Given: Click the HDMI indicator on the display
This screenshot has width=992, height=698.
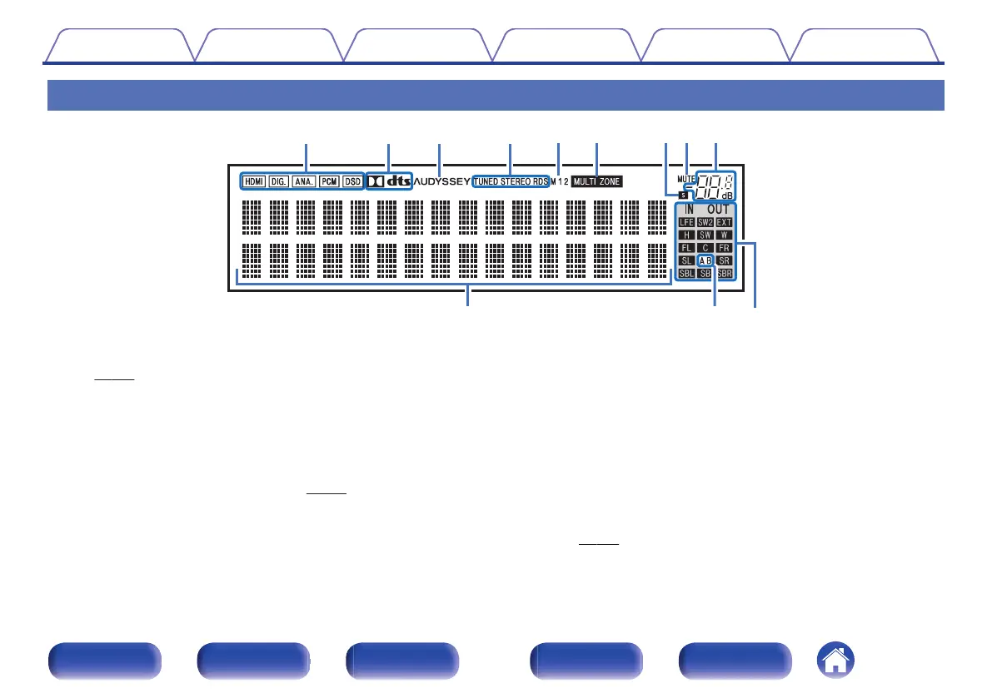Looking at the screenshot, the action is tap(253, 181).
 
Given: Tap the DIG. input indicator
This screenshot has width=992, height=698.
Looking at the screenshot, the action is tap(278, 181).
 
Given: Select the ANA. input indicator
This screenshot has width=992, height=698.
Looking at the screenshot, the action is tap(304, 181).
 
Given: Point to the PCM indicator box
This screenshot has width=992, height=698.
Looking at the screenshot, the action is tap(329, 181).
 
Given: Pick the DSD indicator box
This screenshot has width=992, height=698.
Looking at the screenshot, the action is tap(353, 181).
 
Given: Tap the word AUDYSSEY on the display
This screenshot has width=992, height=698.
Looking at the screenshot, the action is tap(441, 181).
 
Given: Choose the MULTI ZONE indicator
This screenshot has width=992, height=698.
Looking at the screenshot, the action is tap(596, 181).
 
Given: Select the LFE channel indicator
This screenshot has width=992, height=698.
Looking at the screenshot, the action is tap(686, 222).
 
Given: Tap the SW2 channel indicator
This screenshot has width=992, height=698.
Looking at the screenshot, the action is tap(705, 222).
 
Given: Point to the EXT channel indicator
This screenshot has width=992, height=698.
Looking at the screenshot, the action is tap(724, 222).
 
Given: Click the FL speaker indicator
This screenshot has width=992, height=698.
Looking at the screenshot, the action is tap(686, 248).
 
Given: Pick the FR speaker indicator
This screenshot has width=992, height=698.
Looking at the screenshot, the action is tap(724, 248).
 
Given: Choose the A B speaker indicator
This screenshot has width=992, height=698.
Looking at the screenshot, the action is tap(705, 260).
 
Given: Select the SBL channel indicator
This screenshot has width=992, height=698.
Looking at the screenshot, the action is tap(686, 274).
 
